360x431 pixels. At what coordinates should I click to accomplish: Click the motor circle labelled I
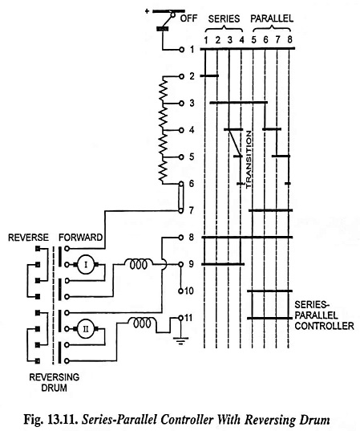[87, 265]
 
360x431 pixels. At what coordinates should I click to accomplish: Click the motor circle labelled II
[86, 329]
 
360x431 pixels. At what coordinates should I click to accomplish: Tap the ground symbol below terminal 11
[180, 341]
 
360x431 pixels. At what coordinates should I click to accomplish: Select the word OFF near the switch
[188, 18]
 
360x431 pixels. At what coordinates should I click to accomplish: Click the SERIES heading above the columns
[224, 18]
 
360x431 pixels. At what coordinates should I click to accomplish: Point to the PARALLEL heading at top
[272, 18]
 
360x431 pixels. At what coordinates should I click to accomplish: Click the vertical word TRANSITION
[249, 160]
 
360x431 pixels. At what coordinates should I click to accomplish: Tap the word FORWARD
[81, 238]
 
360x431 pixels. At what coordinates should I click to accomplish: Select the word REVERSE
[28, 238]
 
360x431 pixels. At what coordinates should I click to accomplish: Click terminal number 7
[191, 210]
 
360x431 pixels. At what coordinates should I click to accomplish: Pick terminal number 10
[188, 291]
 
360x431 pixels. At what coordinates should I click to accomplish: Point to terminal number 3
[192, 103]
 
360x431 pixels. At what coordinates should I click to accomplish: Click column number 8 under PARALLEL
[289, 40]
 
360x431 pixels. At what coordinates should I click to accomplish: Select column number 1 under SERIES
[206, 40]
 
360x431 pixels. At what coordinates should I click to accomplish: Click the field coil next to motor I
[138, 263]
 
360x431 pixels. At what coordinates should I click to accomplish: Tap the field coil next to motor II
[143, 322]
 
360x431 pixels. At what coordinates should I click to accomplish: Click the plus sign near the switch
[148, 11]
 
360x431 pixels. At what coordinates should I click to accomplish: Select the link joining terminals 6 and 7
[180, 197]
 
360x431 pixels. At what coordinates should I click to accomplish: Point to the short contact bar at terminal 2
[209, 75]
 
